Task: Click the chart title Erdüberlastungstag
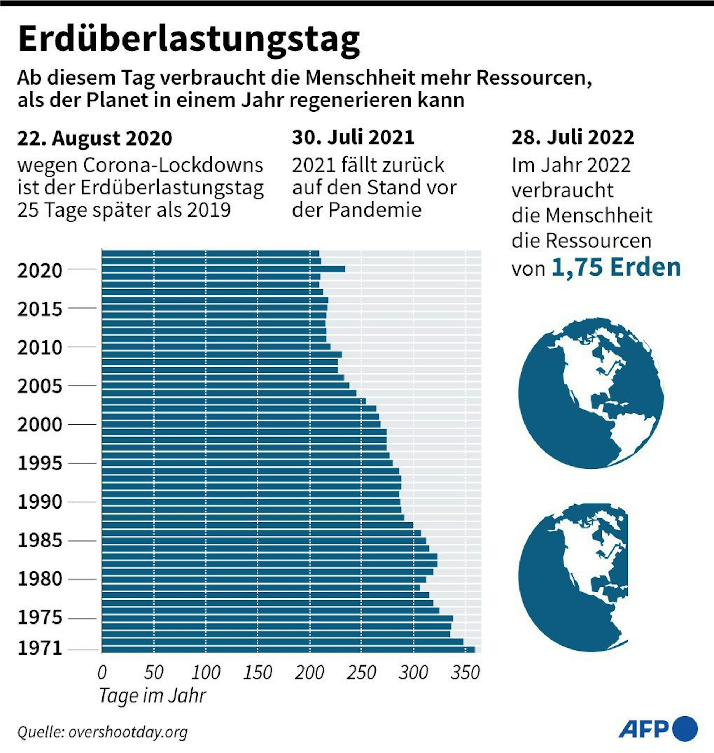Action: click(x=189, y=40)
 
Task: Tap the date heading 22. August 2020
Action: click(x=95, y=138)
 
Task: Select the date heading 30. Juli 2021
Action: click(x=353, y=137)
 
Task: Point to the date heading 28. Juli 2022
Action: click(x=572, y=137)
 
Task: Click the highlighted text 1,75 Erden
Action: click(x=616, y=268)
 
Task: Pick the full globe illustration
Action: click(x=591, y=393)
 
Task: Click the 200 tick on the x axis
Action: click(x=309, y=672)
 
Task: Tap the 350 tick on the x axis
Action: click(x=465, y=672)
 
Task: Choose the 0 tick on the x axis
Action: click(x=102, y=672)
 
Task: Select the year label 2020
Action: click(x=40, y=271)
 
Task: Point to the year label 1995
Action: click(x=40, y=463)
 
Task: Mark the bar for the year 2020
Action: click(x=223, y=269)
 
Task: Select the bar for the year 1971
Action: click(x=288, y=650)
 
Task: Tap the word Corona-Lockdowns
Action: click(x=173, y=165)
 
